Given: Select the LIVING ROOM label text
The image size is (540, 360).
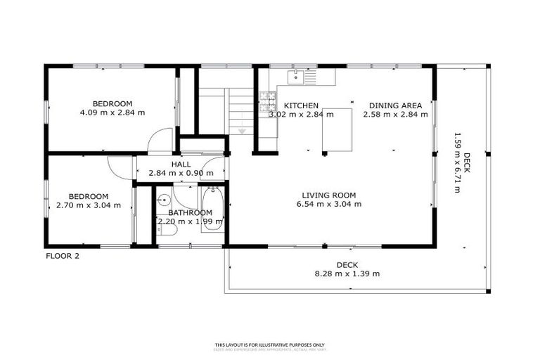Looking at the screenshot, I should (x=328, y=195).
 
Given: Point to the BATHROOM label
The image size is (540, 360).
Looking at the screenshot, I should (x=190, y=212).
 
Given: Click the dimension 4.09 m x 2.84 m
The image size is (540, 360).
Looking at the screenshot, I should (x=112, y=112).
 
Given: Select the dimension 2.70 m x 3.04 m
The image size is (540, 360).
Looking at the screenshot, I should (x=88, y=206).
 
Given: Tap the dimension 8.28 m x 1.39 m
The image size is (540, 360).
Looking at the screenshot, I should (x=347, y=274).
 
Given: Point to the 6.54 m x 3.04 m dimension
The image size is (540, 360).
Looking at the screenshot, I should (x=328, y=205).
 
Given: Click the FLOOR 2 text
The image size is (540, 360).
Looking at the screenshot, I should (x=63, y=256).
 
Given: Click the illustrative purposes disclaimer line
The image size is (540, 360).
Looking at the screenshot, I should (x=270, y=345).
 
